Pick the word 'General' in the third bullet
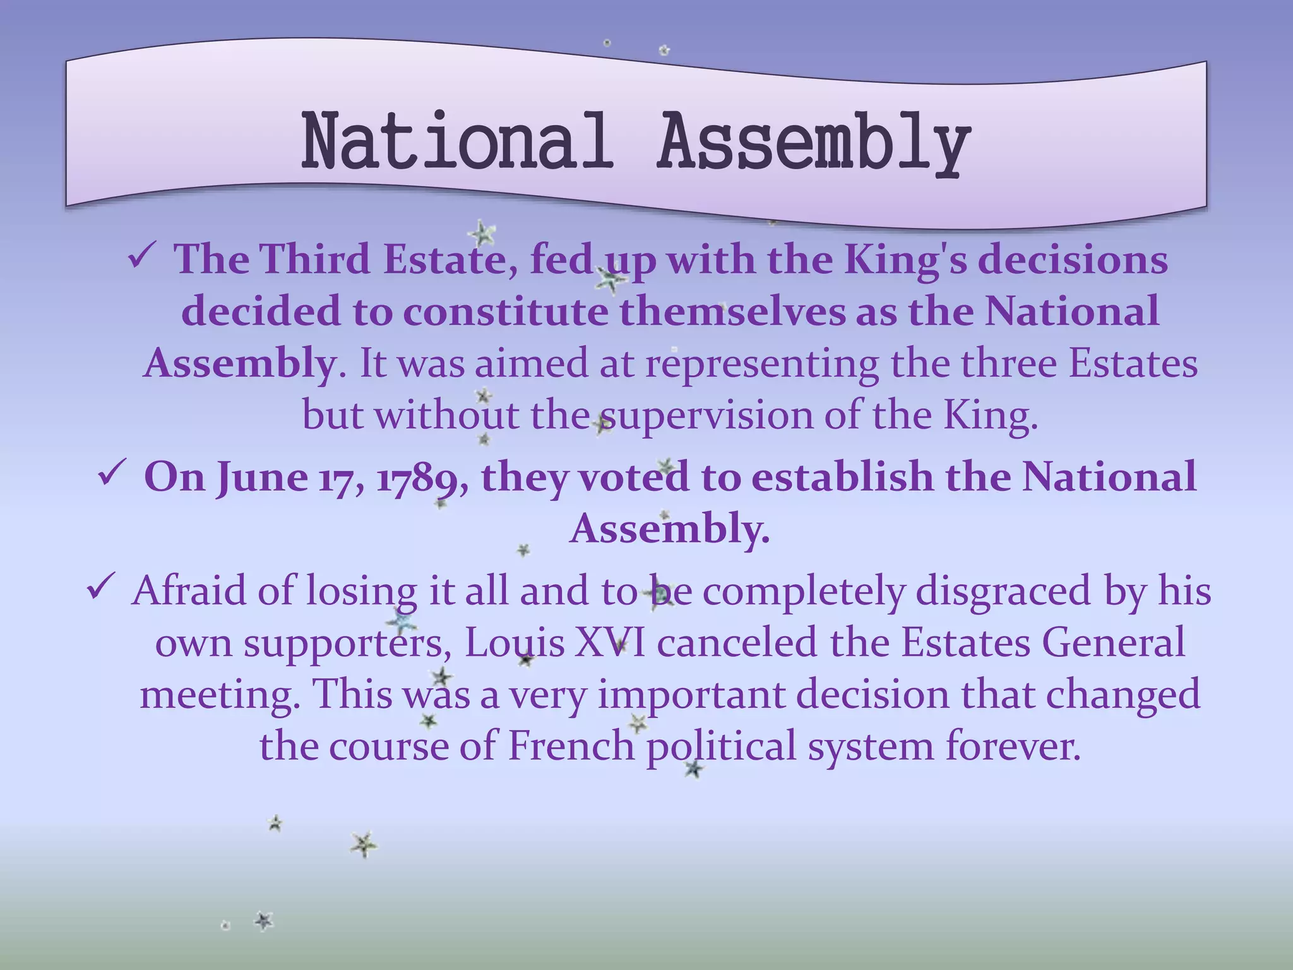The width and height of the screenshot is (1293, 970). (x=1113, y=643)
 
